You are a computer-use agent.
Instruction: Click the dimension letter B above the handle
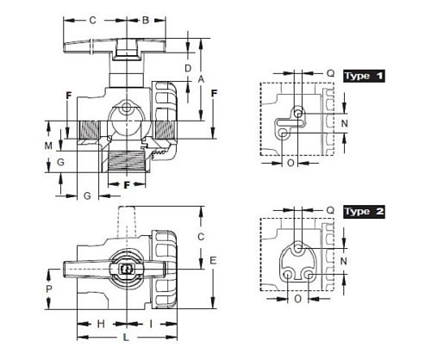pos(146,21)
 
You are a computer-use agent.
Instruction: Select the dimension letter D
pos(188,69)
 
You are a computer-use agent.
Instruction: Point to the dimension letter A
pos(201,78)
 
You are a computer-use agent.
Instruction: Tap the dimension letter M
pos(48,146)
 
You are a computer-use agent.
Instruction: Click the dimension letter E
pos(213,261)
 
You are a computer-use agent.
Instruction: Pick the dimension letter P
pos(49,289)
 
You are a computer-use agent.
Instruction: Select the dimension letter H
pos(101,324)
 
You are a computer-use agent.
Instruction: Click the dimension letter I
pos(151,324)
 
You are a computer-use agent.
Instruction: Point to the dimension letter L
pos(126,338)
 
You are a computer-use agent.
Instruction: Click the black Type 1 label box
pos(364,76)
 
